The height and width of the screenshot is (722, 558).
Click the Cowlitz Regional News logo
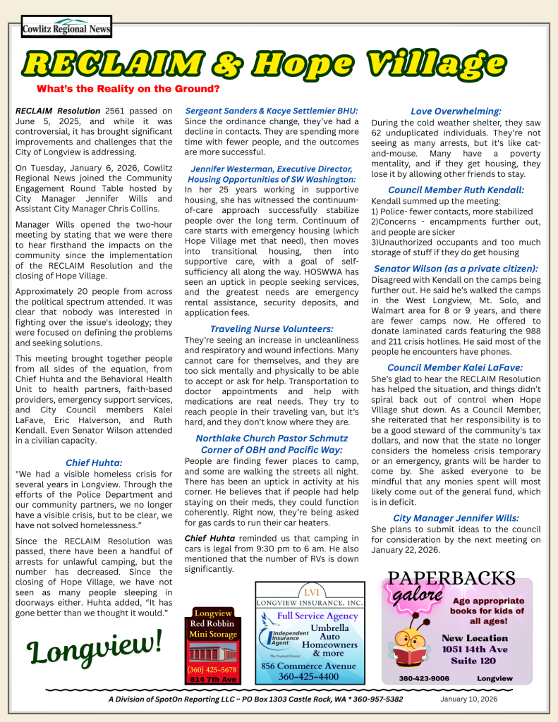pyautogui.click(x=66, y=27)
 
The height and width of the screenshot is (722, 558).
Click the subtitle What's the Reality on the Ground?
pyautogui.click(x=128, y=89)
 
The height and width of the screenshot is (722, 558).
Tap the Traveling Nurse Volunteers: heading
pyautogui.click(x=272, y=329)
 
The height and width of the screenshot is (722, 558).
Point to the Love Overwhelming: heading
pyautogui.click(x=456, y=111)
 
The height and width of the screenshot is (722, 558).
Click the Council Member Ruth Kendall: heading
pyautogui.click(x=456, y=190)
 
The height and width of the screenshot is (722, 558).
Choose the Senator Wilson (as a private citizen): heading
pyautogui.click(x=456, y=269)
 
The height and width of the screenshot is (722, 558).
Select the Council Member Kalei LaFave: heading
pyautogui.click(x=456, y=367)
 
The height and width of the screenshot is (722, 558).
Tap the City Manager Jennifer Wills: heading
pyautogui.click(x=456, y=517)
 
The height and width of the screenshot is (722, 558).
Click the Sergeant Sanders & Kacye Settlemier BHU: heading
pyautogui.click(x=272, y=111)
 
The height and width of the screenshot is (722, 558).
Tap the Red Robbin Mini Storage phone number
pyautogui.click(x=213, y=669)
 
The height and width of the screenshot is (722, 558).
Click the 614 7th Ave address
pyautogui.click(x=213, y=680)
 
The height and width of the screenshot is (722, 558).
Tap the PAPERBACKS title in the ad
pyautogui.click(x=452, y=578)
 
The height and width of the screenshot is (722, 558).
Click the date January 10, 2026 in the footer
pyautogui.click(x=469, y=699)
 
